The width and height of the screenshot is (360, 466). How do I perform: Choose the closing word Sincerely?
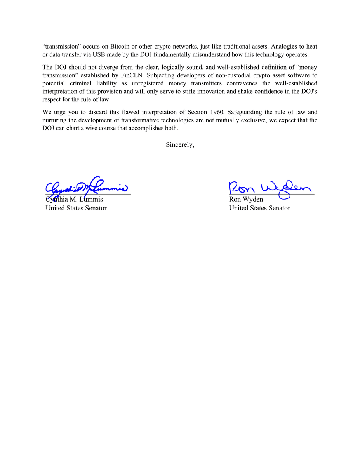point(180,144)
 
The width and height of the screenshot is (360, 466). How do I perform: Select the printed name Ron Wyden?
point(246,200)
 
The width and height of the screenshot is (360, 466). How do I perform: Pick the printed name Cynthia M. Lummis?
point(74,200)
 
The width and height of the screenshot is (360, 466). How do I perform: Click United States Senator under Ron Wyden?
point(259,208)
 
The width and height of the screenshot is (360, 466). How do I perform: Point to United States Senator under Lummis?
point(76,208)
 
